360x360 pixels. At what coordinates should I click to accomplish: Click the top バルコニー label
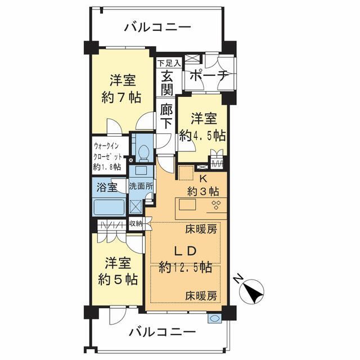[x=157, y=26]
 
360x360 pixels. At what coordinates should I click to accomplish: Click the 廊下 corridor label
[x=166, y=116]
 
